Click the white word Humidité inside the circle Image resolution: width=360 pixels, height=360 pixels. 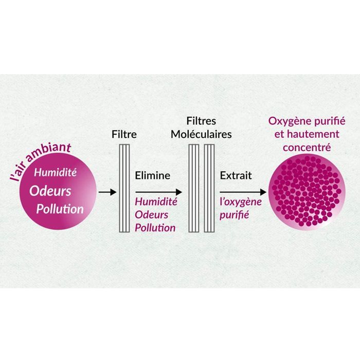pos(56,172)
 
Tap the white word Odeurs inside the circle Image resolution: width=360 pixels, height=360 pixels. pos(50,191)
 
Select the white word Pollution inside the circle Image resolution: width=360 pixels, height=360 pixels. pos(60,209)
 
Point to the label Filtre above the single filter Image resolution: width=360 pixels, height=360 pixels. pos(124,134)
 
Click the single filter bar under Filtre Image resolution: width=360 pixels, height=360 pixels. pos(124,188)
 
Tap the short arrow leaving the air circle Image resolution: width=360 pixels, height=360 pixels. pos(107,192)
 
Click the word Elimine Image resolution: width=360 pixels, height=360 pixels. pos(153,176)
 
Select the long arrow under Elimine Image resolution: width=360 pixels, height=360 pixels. pos(158,192)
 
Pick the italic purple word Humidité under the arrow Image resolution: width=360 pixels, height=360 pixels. pos(156,202)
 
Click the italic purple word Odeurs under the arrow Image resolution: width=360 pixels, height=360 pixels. pos(152,215)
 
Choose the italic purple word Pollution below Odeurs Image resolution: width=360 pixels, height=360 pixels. pos(155,228)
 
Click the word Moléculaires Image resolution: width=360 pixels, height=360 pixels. pos(201,134)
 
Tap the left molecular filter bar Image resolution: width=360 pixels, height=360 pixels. pos(194,188)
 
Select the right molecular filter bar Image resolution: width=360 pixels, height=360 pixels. pos(209,188)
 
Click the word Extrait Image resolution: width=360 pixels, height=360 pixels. pos(236,176)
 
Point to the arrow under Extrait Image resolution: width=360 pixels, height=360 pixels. pos(243,192)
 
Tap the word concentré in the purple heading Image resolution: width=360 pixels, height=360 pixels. pos(307,148)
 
